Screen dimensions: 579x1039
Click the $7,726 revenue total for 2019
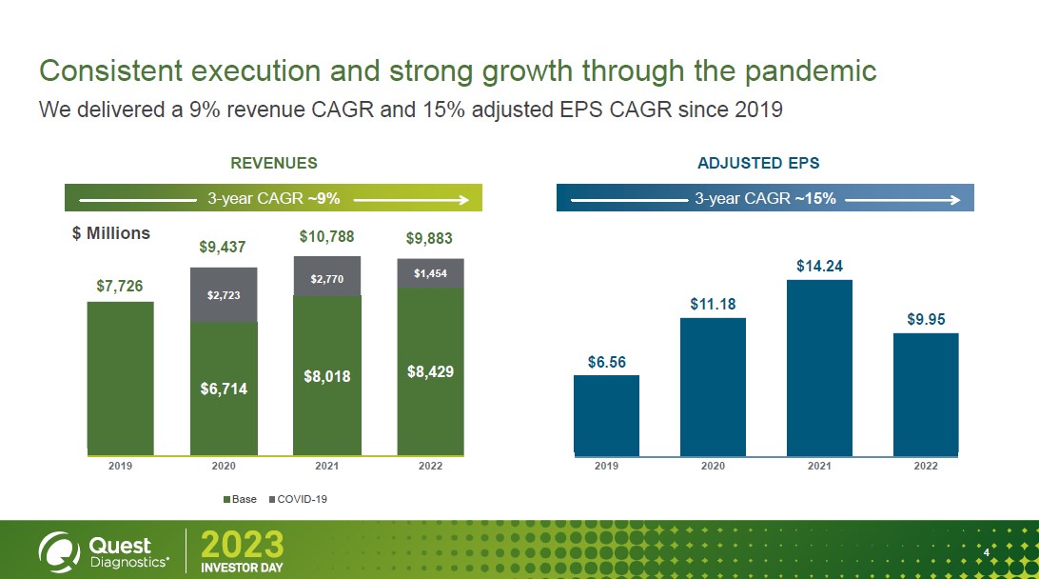pos(120,285)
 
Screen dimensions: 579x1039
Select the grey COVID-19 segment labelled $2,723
pos(224,295)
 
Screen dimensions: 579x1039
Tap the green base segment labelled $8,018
pos(326,376)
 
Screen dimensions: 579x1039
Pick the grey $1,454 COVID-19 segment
pos(430,273)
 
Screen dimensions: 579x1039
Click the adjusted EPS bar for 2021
pos(819,367)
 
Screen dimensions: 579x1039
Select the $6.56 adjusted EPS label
pos(606,362)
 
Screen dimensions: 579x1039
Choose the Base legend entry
pos(240,499)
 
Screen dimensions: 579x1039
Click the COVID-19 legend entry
pos(301,499)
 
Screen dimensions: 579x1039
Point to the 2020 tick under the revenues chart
pos(224,466)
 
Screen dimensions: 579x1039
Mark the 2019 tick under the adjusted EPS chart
pos(606,466)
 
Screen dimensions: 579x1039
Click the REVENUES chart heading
pos(274,163)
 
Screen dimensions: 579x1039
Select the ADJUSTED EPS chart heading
pos(758,163)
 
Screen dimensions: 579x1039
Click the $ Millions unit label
pos(111,233)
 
